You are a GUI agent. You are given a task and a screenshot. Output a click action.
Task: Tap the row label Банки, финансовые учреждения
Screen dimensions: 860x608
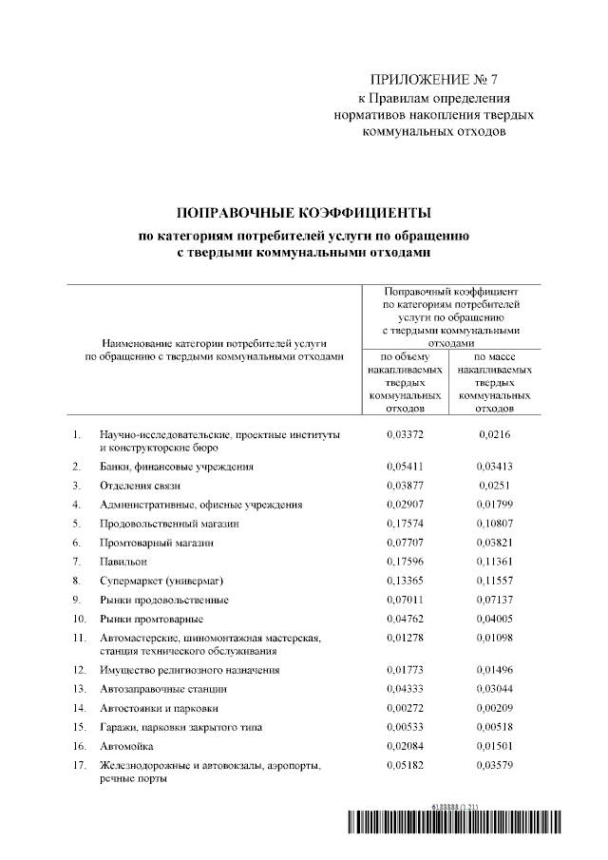177,468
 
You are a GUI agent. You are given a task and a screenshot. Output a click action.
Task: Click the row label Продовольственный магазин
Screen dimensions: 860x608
169,524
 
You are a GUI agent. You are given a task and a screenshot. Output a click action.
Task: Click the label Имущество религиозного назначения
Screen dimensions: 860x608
189,671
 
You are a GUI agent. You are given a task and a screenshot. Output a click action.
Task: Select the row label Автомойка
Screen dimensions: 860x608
127,746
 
